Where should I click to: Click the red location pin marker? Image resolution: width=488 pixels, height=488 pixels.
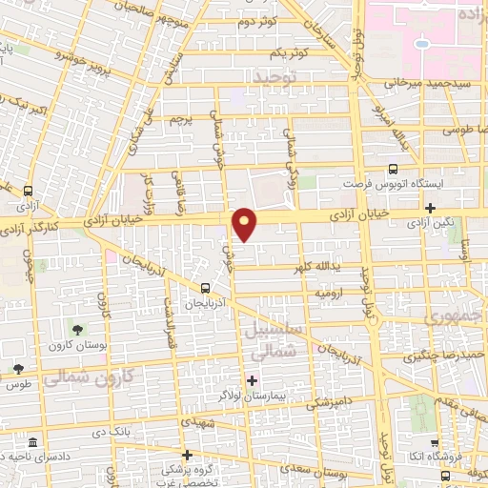[246, 224]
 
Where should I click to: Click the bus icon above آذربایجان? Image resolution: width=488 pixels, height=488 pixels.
[206, 287]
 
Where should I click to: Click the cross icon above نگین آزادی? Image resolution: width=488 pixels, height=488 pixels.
[431, 207]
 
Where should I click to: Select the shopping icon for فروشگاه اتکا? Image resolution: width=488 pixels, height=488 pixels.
[434, 443]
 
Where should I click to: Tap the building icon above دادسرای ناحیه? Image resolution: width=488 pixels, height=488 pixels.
[33, 444]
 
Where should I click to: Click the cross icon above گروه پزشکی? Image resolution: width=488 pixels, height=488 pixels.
[188, 455]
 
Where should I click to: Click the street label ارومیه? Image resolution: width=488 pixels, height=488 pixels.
[328, 294]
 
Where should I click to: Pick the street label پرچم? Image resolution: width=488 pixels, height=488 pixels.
[182, 120]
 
